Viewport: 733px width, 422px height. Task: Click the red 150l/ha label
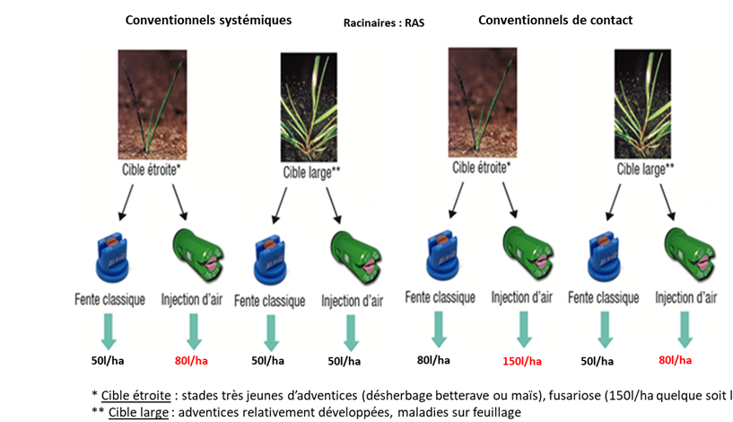coord(521,363)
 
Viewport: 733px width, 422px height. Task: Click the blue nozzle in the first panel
coord(110,257)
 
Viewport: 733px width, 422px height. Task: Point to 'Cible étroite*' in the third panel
coord(482,166)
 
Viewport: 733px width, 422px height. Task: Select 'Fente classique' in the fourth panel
coord(604,297)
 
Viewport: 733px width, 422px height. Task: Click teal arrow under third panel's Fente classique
coord(438,329)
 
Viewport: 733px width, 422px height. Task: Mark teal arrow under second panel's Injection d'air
coord(351,332)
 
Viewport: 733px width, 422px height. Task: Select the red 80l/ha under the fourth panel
coord(675,360)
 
